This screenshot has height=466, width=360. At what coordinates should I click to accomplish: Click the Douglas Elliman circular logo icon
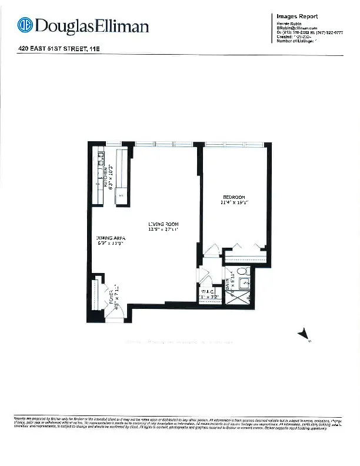click(x=25, y=25)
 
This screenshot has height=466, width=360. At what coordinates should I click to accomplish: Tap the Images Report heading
click(x=297, y=16)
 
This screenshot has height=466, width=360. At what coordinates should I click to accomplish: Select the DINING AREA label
click(x=111, y=238)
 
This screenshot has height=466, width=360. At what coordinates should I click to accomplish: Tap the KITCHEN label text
click(x=105, y=177)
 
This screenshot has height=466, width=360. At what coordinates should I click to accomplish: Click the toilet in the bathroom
click(x=239, y=273)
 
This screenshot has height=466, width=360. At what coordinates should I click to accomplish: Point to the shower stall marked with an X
click(x=240, y=297)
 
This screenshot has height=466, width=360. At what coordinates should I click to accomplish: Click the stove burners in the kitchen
click(x=100, y=157)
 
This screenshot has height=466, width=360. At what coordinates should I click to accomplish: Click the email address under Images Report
click(x=297, y=28)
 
